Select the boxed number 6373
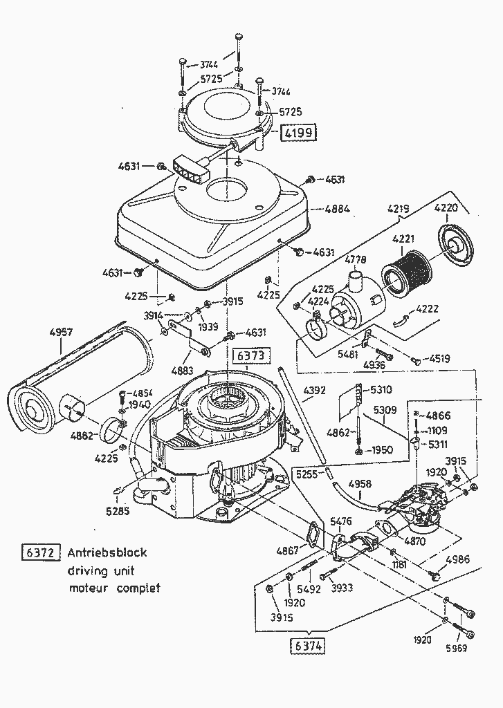pos(249,356)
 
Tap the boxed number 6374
pos(307,646)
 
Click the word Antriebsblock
pos(107,553)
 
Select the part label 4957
pos(62,332)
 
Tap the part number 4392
pos(315,391)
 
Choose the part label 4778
pos(356,259)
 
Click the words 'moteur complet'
pos(114,588)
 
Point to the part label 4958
pos(360,483)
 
